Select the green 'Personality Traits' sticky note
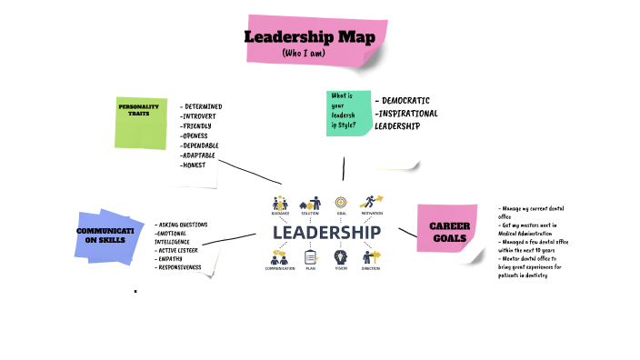coord(139,122)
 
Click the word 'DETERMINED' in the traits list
coord(203,106)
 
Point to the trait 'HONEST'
coord(195,165)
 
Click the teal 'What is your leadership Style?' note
coord(348,113)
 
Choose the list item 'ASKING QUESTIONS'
coord(183,225)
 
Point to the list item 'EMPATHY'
coord(171,259)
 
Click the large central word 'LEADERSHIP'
coord(326,233)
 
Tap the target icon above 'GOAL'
coord(341,202)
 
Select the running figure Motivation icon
coord(373,201)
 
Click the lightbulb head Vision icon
coord(341,256)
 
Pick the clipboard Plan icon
coord(311,256)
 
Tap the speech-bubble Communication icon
coord(279,256)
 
